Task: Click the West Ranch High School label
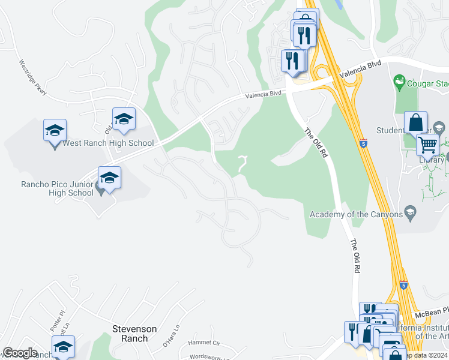click(108, 143)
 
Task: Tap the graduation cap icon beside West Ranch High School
click(55, 130)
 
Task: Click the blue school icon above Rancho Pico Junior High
click(109, 178)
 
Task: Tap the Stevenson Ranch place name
click(134, 334)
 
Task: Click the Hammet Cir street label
click(204, 343)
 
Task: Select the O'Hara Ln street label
click(172, 337)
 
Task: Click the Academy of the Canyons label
click(356, 215)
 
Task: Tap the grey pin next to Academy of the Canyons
click(411, 211)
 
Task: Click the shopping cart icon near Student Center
click(427, 144)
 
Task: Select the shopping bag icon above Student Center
click(415, 123)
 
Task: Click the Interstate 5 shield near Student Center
click(363, 143)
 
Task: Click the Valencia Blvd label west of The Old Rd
click(264, 94)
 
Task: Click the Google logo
click(20, 353)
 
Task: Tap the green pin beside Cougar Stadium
click(399, 82)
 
